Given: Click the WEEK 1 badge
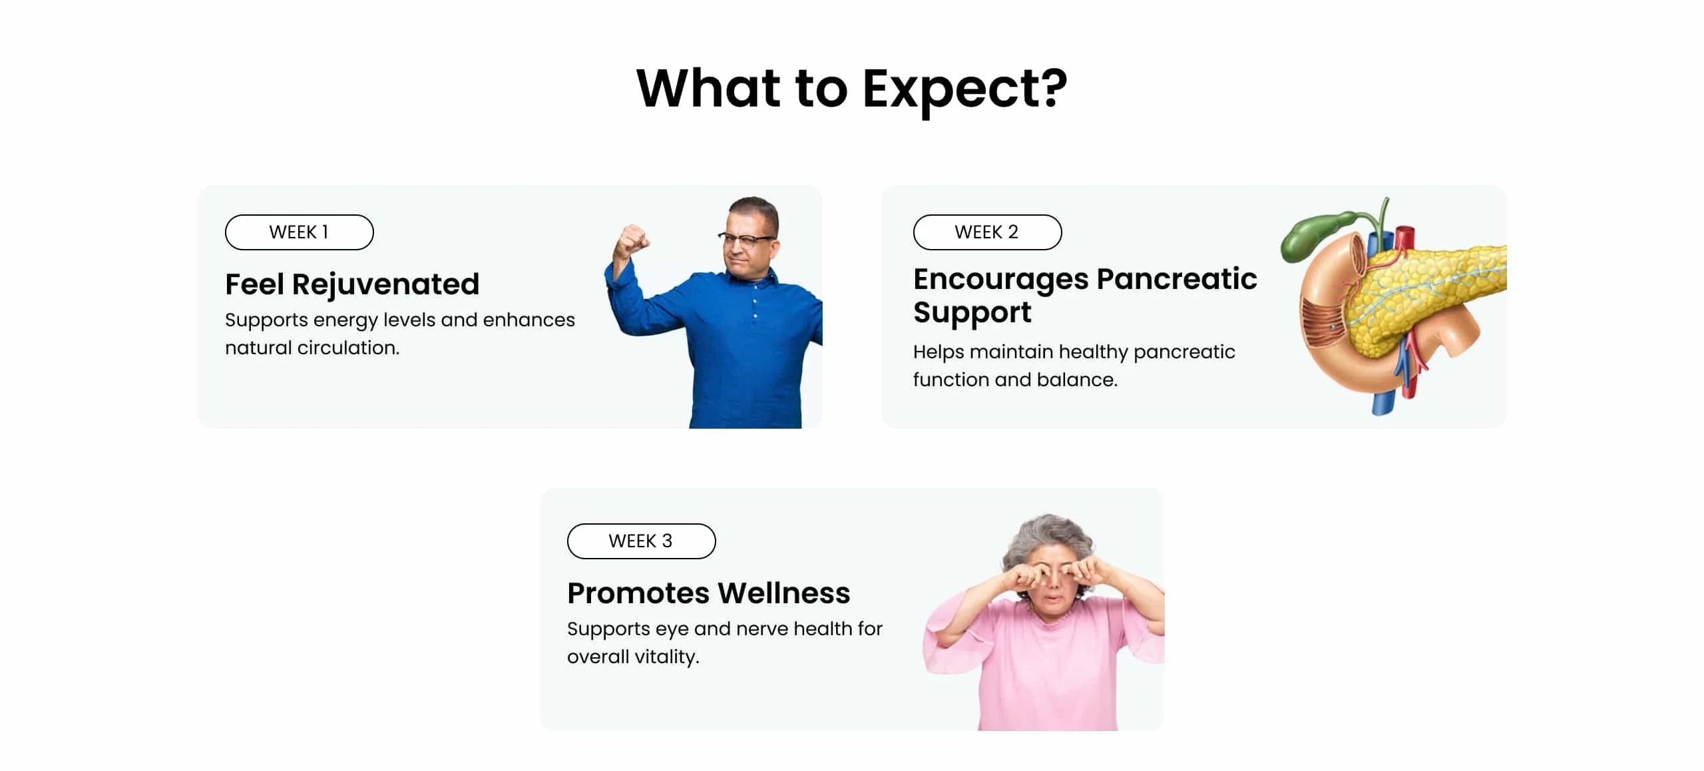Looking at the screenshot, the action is click(x=299, y=232).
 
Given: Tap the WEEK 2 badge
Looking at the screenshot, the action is click(x=987, y=232).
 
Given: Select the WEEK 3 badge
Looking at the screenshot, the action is click(x=641, y=541).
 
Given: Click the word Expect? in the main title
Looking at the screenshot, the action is click(x=964, y=90).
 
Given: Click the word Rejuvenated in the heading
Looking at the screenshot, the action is click(x=385, y=285).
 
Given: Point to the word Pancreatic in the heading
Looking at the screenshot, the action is click(x=1177, y=278).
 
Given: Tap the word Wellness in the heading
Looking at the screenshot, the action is click(x=784, y=593).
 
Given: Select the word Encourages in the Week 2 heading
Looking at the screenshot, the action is click(x=1000, y=280).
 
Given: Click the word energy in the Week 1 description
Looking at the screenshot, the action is click(x=345, y=321).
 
